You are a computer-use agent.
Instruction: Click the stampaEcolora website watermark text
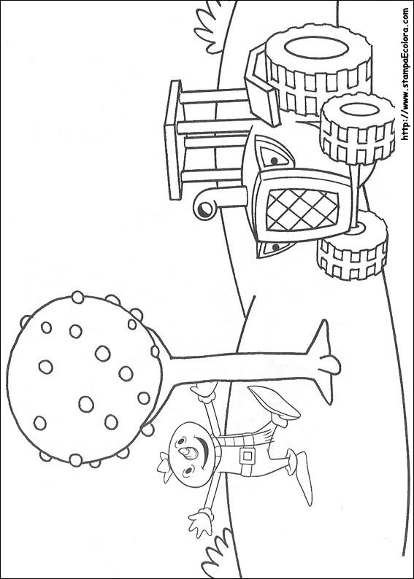click(x=405, y=74)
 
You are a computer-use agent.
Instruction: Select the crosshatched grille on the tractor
click(x=302, y=210)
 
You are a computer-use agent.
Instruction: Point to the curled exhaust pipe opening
click(x=204, y=210)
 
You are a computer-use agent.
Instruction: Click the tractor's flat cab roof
click(x=173, y=140)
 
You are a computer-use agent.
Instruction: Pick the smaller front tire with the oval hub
click(x=357, y=128)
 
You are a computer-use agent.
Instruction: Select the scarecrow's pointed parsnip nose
click(x=190, y=452)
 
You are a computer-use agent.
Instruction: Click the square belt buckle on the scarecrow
click(x=248, y=456)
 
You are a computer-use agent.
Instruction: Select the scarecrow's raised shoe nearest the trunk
click(x=275, y=403)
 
